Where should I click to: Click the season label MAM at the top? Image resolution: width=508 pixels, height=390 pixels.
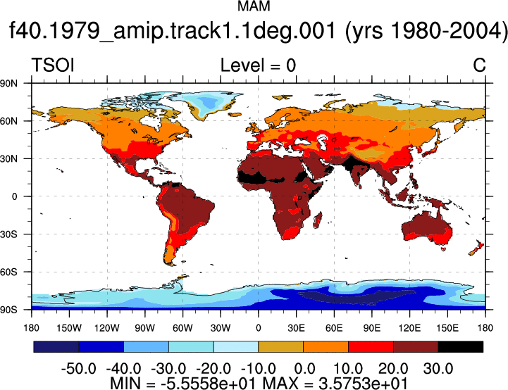254,6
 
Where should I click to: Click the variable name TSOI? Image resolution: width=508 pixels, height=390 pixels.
53,65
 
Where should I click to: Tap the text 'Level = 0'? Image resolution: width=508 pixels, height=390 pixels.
258,65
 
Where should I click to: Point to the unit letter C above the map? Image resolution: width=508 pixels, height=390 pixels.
479,65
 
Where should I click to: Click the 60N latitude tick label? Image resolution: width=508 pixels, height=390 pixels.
8,121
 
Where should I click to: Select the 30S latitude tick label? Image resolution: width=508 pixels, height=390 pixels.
8,234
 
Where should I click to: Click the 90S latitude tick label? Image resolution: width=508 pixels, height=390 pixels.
8,310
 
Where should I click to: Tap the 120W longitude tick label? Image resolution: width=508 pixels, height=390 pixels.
107,328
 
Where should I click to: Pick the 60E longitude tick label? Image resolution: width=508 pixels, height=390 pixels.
334,328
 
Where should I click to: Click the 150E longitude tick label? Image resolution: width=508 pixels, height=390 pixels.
447,328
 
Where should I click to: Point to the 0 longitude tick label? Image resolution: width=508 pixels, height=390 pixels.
258,328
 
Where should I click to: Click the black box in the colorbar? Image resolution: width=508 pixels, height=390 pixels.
461,346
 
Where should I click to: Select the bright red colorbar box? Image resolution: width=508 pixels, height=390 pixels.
371,346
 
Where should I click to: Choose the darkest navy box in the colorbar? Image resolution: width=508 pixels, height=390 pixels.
56,346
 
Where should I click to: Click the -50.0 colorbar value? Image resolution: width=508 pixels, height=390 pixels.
79,369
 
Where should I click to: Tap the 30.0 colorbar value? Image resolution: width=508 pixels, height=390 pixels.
438,369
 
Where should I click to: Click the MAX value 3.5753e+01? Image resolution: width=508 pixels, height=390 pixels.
363,384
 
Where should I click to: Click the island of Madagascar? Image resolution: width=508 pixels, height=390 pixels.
318,220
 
